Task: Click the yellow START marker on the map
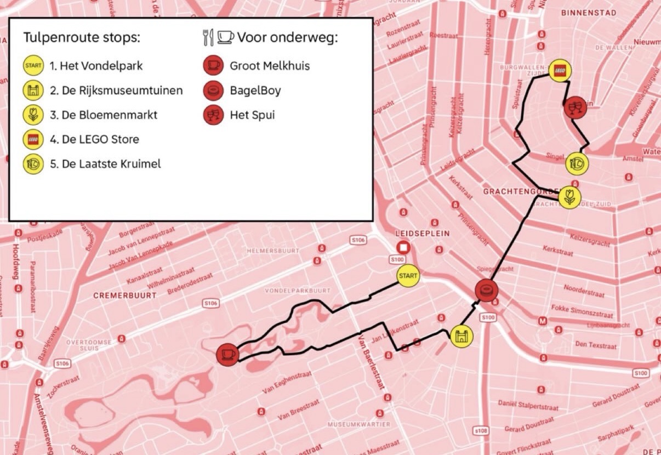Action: (408, 275)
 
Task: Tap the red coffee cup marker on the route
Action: (227, 354)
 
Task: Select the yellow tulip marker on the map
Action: (569, 197)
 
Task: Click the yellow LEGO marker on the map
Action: (560, 71)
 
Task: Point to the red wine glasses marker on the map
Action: (575, 107)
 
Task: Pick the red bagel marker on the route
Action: (486, 290)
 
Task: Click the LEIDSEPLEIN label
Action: (422, 233)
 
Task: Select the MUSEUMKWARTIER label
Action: (359, 424)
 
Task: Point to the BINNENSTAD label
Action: (589, 13)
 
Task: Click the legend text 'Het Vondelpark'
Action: (96, 66)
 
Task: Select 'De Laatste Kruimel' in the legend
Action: (105, 163)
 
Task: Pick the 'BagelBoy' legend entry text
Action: (255, 90)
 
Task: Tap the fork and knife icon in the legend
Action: (208, 38)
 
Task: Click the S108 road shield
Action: (481, 431)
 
